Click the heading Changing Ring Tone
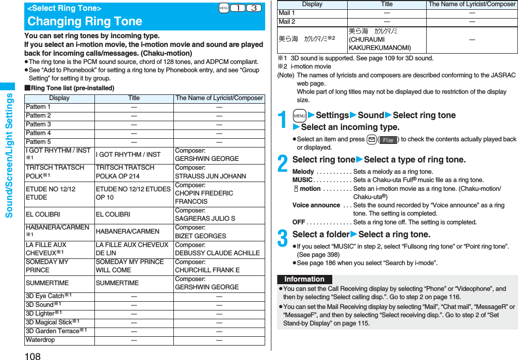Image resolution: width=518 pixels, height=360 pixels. coord(85,21)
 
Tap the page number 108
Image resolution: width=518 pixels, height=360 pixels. coord(32,355)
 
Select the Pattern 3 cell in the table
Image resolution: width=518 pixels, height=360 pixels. coord(39,124)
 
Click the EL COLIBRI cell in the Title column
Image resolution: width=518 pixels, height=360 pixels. coord(113,214)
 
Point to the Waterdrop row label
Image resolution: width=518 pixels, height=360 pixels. coord(40,340)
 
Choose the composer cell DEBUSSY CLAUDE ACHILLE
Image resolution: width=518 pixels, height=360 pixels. coord(217,253)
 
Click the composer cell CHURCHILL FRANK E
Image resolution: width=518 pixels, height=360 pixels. coord(207,270)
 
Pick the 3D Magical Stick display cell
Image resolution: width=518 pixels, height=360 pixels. coord(53,322)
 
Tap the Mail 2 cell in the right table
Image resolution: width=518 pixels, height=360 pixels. coord(287,22)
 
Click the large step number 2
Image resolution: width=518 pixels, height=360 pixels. coord(283,165)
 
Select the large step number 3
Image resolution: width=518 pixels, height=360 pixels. coord(283,239)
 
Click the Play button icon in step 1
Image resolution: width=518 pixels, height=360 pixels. coord(388,139)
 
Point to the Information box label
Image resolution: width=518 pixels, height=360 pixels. coord(304,279)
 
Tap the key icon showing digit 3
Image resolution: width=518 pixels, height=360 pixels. coord(253,8)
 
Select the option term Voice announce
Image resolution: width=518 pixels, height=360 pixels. coord(316,205)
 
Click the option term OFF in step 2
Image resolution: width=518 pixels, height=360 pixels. coord(299,222)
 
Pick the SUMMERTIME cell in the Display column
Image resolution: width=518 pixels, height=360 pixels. coord(47,283)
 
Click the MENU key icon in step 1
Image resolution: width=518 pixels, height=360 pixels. coord(300,116)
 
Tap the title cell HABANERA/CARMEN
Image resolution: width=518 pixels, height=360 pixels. coord(128,232)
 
